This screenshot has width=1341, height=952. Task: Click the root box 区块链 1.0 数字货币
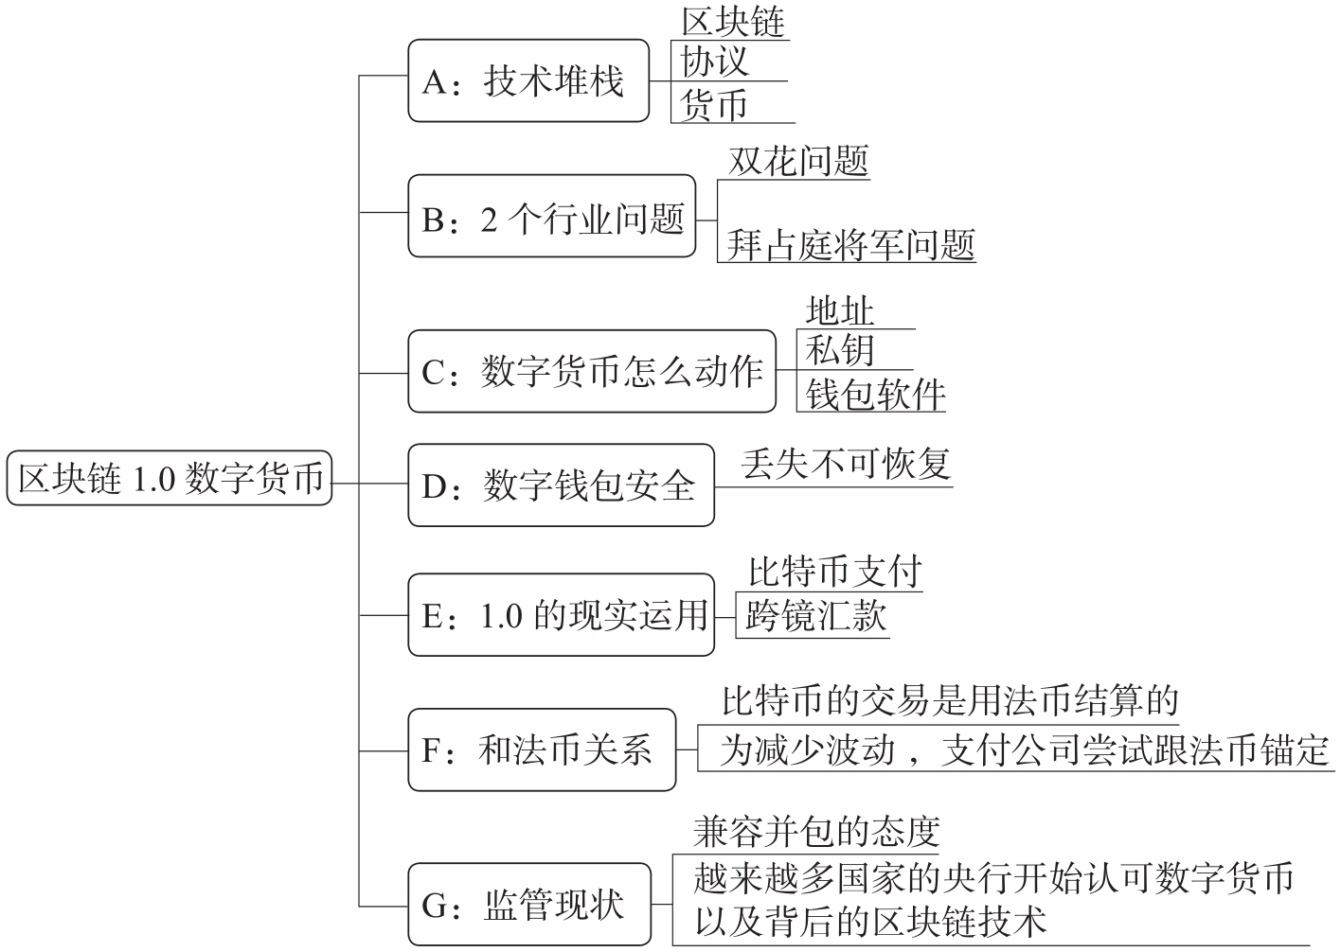click(170, 478)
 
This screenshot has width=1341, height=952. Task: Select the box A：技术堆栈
click(528, 80)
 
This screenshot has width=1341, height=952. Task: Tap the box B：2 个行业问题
click(552, 216)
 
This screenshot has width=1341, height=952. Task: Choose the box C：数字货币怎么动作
click(592, 371)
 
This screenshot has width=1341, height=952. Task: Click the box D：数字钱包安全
click(561, 485)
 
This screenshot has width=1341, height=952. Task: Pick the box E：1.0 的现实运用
click(561, 615)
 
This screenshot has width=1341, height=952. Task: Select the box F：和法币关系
click(542, 749)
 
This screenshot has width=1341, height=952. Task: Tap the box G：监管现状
click(529, 904)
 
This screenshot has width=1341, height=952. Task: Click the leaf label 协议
click(715, 61)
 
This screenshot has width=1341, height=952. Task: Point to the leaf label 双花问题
click(798, 160)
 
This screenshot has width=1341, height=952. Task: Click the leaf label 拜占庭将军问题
click(851, 244)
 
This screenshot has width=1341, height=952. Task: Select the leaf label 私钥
click(840, 350)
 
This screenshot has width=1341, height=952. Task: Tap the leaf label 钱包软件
click(875, 393)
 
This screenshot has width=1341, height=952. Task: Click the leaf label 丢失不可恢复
click(847, 464)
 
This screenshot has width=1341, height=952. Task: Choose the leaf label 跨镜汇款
click(816, 616)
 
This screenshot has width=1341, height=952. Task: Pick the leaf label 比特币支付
click(835, 572)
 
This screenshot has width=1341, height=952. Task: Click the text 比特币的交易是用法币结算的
click(950, 700)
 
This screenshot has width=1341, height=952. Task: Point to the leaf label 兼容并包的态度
click(816, 832)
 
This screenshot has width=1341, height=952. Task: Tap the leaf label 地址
click(840, 310)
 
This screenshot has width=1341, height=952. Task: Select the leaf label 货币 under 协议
click(714, 105)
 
